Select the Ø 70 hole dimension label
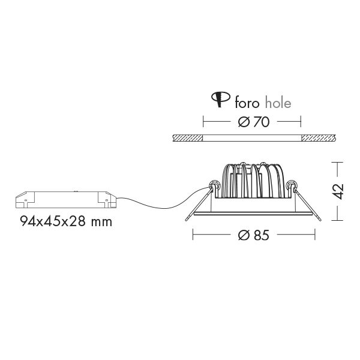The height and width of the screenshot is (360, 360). pyautogui.click(x=252, y=122)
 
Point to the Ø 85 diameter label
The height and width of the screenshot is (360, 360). pyautogui.click(x=252, y=236)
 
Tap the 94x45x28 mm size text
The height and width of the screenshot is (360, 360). pyautogui.click(x=66, y=221)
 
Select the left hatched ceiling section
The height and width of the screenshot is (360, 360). pyautogui.click(x=187, y=138)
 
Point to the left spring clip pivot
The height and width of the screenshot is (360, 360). pyautogui.click(x=212, y=185)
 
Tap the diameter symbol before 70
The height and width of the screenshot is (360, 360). pyautogui.click(x=243, y=122)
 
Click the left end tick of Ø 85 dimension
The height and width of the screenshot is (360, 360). pyautogui.click(x=193, y=236)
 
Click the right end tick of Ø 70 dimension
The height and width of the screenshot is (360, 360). pyautogui.click(x=300, y=122)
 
